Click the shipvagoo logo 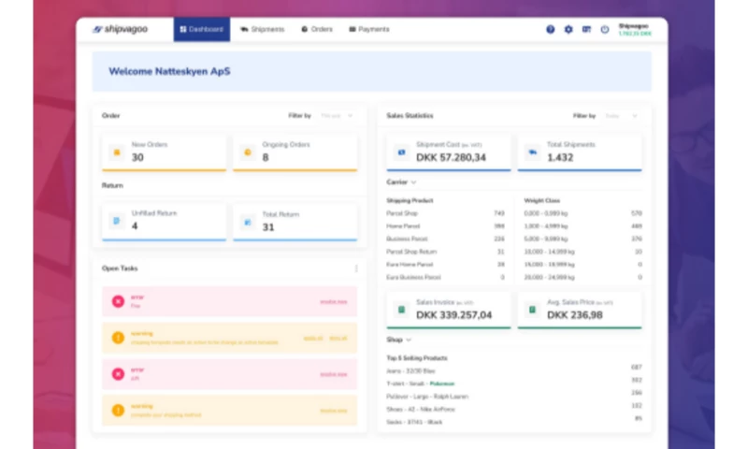click(123, 29)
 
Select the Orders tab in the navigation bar click(317, 29)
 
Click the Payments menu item click(369, 29)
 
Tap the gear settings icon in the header click(568, 30)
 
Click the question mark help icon click(550, 30)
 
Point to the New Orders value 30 click(137, 158)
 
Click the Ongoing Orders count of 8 click(266, 158)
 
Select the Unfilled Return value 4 click(135, 226)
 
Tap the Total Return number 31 click(268, 226)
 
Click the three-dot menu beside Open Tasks click(355, 268)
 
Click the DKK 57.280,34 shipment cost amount click(451, 158)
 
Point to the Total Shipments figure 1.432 click(560, 158)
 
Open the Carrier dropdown click(402, 182)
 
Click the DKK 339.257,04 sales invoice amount click(453, 315)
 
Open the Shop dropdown click(399, 340)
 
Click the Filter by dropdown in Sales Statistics click(621, 116)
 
